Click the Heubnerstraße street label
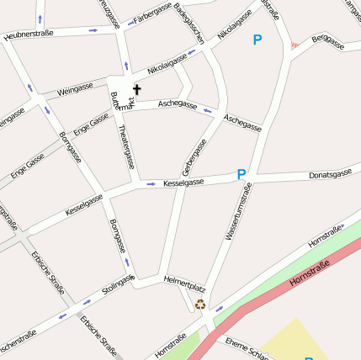pyautogui.click(x=29, y=35)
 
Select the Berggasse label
pyautogui.click(x=328, y=40)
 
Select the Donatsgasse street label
pyautogui.click(x=330, y=174)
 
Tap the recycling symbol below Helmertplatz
pyautogui.click(x=199, y=304)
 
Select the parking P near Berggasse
pyautogui.click(x=257, y=40)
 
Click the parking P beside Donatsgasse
pyautogui.click(x=242, y=174)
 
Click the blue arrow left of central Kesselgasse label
pyautogui.click(x=151, y=183)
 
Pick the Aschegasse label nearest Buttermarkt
pyautogui.click(x=178, y=105)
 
